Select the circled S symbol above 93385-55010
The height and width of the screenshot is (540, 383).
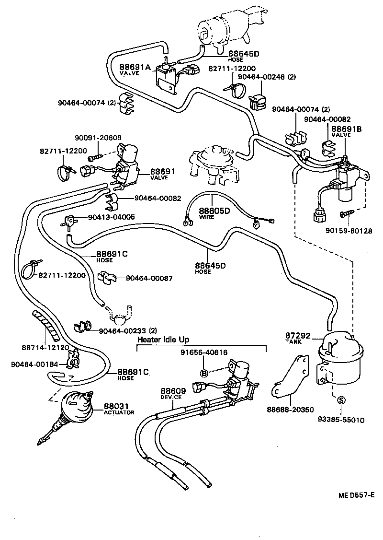click(341, 400)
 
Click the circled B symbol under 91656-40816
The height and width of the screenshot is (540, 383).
click(204, 373)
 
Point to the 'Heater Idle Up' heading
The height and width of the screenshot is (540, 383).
click(163, 340)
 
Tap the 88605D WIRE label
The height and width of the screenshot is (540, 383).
click(214, 213)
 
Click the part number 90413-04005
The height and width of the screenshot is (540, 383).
click(111, 217)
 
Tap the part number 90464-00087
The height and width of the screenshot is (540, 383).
click(149, 278)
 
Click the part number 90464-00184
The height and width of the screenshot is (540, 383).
click(34, 364)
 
